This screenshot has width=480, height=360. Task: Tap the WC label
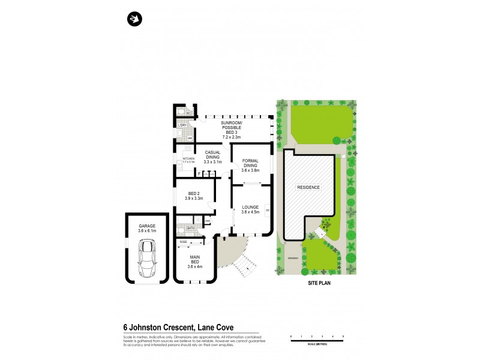point(188,112)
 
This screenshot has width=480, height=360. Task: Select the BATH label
point(191,229)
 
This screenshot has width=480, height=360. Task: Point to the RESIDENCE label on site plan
point(308,187)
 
